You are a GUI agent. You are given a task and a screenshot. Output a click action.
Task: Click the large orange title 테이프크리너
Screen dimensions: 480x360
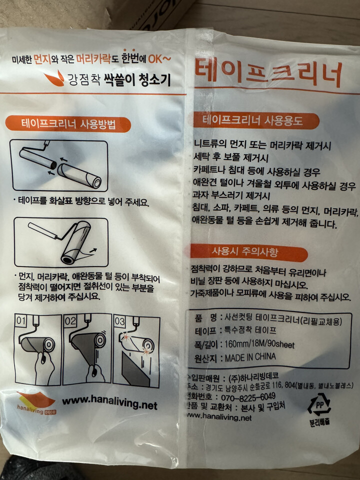[268, 74]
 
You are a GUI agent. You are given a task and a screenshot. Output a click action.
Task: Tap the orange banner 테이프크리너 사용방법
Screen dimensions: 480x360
[68, 124]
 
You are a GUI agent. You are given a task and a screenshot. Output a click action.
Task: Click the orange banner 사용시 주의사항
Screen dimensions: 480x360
[248, 252]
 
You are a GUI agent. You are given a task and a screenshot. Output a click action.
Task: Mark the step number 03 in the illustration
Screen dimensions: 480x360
[119, 319]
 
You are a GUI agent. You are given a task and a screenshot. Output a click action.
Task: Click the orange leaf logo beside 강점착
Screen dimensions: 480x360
[54, 77]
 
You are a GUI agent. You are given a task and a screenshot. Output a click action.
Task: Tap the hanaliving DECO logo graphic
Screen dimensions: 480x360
[36, 401]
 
